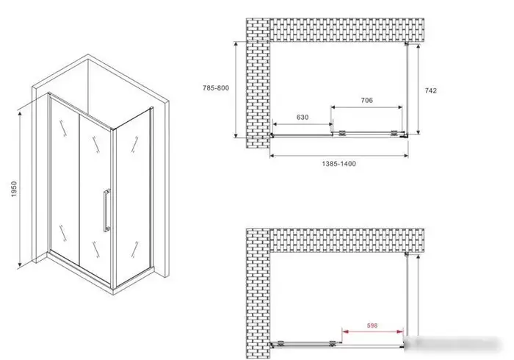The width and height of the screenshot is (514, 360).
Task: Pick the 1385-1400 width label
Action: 340,164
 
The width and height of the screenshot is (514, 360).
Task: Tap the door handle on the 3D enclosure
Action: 106,211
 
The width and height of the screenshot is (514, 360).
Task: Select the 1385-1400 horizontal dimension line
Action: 340,155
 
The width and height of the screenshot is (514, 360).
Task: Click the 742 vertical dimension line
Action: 418,88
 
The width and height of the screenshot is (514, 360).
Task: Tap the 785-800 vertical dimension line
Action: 235,89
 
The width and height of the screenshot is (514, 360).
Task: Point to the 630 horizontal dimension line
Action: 303,125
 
